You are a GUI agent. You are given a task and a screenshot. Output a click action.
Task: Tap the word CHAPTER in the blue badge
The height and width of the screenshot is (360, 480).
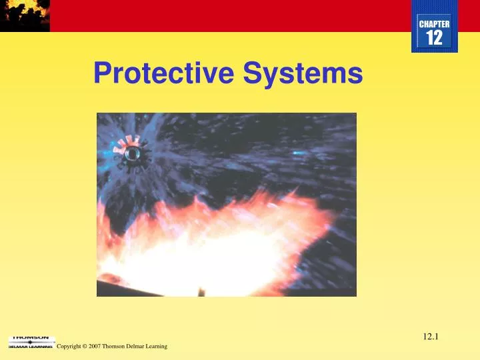pos(434,24)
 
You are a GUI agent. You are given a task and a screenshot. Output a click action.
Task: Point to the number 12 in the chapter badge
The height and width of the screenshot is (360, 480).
pos(434,38)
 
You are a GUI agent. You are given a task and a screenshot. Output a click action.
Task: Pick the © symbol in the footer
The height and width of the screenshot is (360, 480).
pos(85,347)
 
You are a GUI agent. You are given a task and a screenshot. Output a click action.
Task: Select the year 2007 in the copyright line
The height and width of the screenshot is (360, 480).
pos(95,347)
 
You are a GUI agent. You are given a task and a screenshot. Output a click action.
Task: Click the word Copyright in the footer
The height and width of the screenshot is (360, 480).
pos(70,347)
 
